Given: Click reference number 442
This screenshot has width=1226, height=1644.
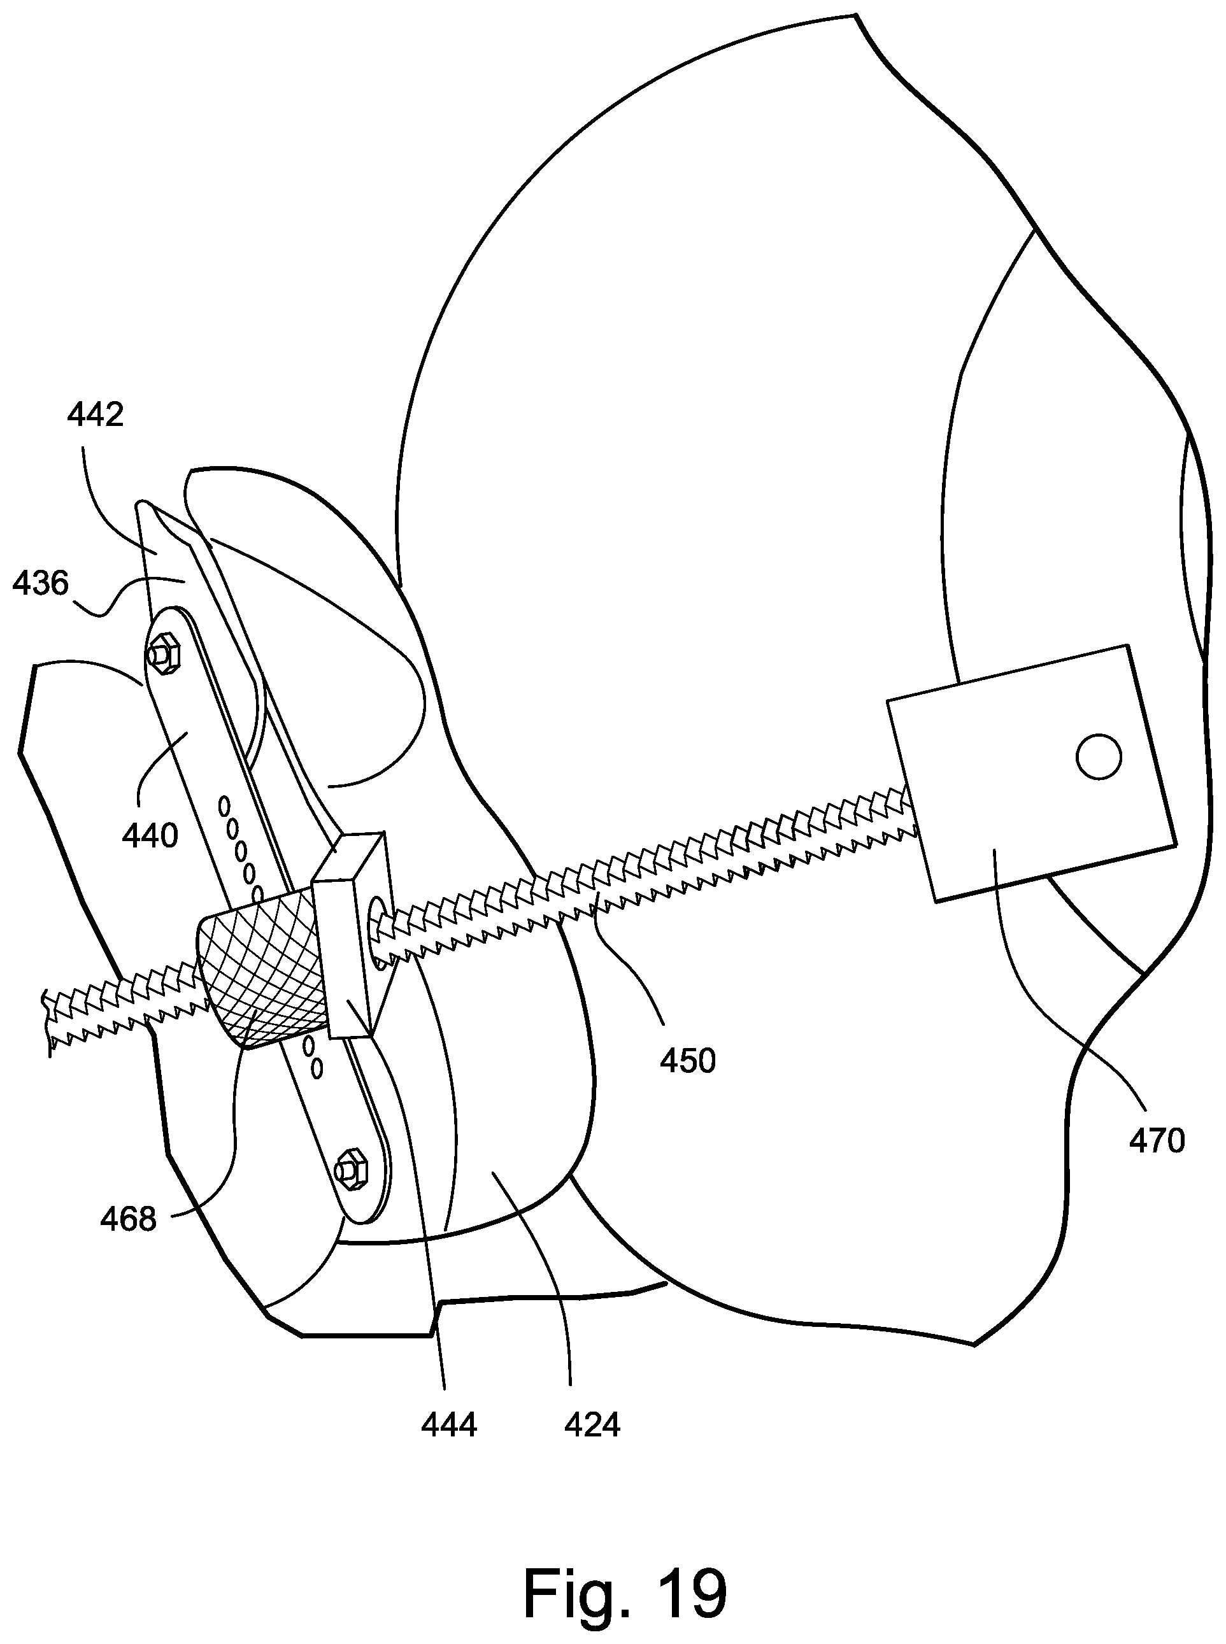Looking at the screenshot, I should tap(95, 415).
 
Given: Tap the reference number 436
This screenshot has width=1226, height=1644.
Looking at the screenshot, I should tap(41, 583).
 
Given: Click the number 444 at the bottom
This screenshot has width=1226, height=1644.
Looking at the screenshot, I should tap(448, 1425).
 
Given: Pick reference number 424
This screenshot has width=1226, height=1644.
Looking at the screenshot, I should tap(592, 1425).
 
